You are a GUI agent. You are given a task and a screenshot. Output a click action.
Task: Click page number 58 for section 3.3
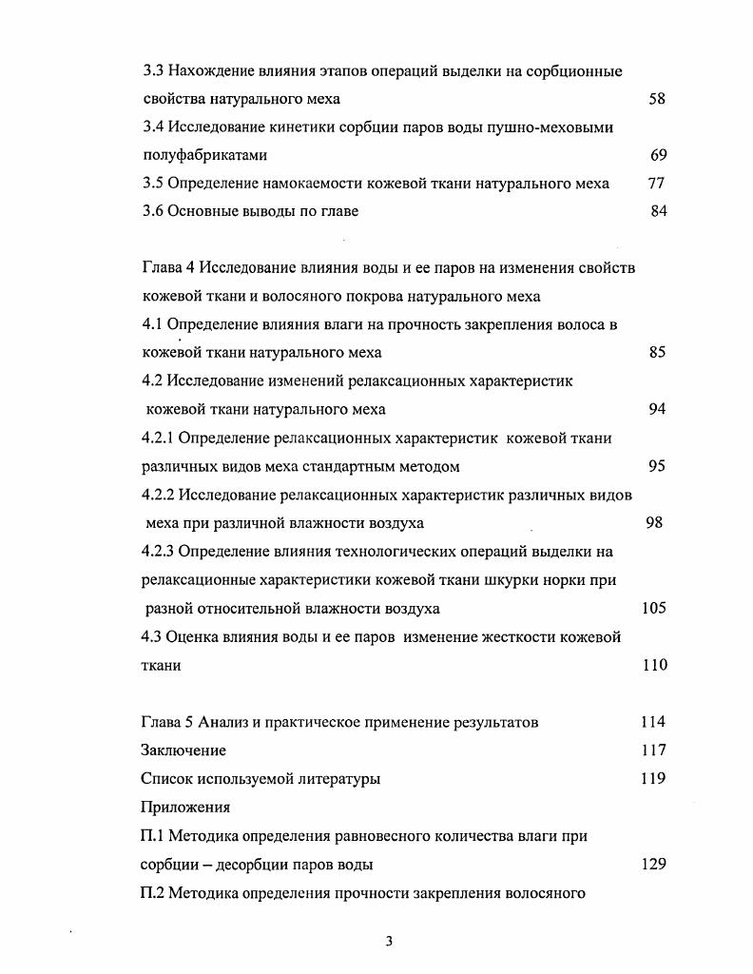point(657,98)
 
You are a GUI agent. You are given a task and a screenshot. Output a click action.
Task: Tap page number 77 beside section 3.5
point(656,184)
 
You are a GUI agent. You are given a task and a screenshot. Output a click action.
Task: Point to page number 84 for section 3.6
point(659,211)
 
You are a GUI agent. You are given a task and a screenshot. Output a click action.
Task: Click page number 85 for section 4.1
point(657,353)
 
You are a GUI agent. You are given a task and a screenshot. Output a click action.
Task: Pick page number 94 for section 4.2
point(657,410)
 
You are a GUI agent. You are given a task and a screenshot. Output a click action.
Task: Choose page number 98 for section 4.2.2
point(654,523)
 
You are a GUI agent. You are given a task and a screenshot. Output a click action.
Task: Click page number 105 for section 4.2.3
point(654,609)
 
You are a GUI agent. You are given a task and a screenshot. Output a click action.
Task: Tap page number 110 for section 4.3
point(655,666)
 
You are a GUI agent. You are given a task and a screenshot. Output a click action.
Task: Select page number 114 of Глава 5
point(653,722)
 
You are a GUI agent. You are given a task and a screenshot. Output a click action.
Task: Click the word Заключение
point(183,750)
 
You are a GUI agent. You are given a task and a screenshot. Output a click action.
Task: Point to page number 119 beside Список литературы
point(653,779)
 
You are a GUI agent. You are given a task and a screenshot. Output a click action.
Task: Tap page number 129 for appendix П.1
point(653,865)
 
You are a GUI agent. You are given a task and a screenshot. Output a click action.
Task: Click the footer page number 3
point(389,942)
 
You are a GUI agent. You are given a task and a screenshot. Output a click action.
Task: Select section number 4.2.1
point(158,438)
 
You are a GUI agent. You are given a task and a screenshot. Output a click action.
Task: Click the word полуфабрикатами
point(205,155)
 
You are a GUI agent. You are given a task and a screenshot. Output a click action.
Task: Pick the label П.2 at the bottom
point(152,892)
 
